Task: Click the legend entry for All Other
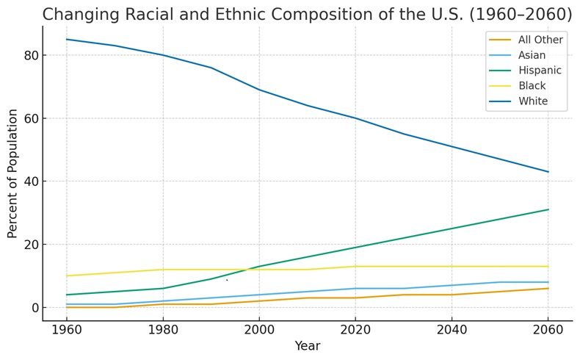tap(540, 40)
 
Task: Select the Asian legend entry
tap(532, 55)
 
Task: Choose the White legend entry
tap(532, 101)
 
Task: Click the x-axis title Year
tap(307, 346)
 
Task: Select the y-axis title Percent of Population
tap(12, 173)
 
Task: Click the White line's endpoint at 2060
tap(548, 172)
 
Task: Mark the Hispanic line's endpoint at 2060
tap(548, 209)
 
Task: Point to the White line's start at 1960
tap(67, 40)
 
